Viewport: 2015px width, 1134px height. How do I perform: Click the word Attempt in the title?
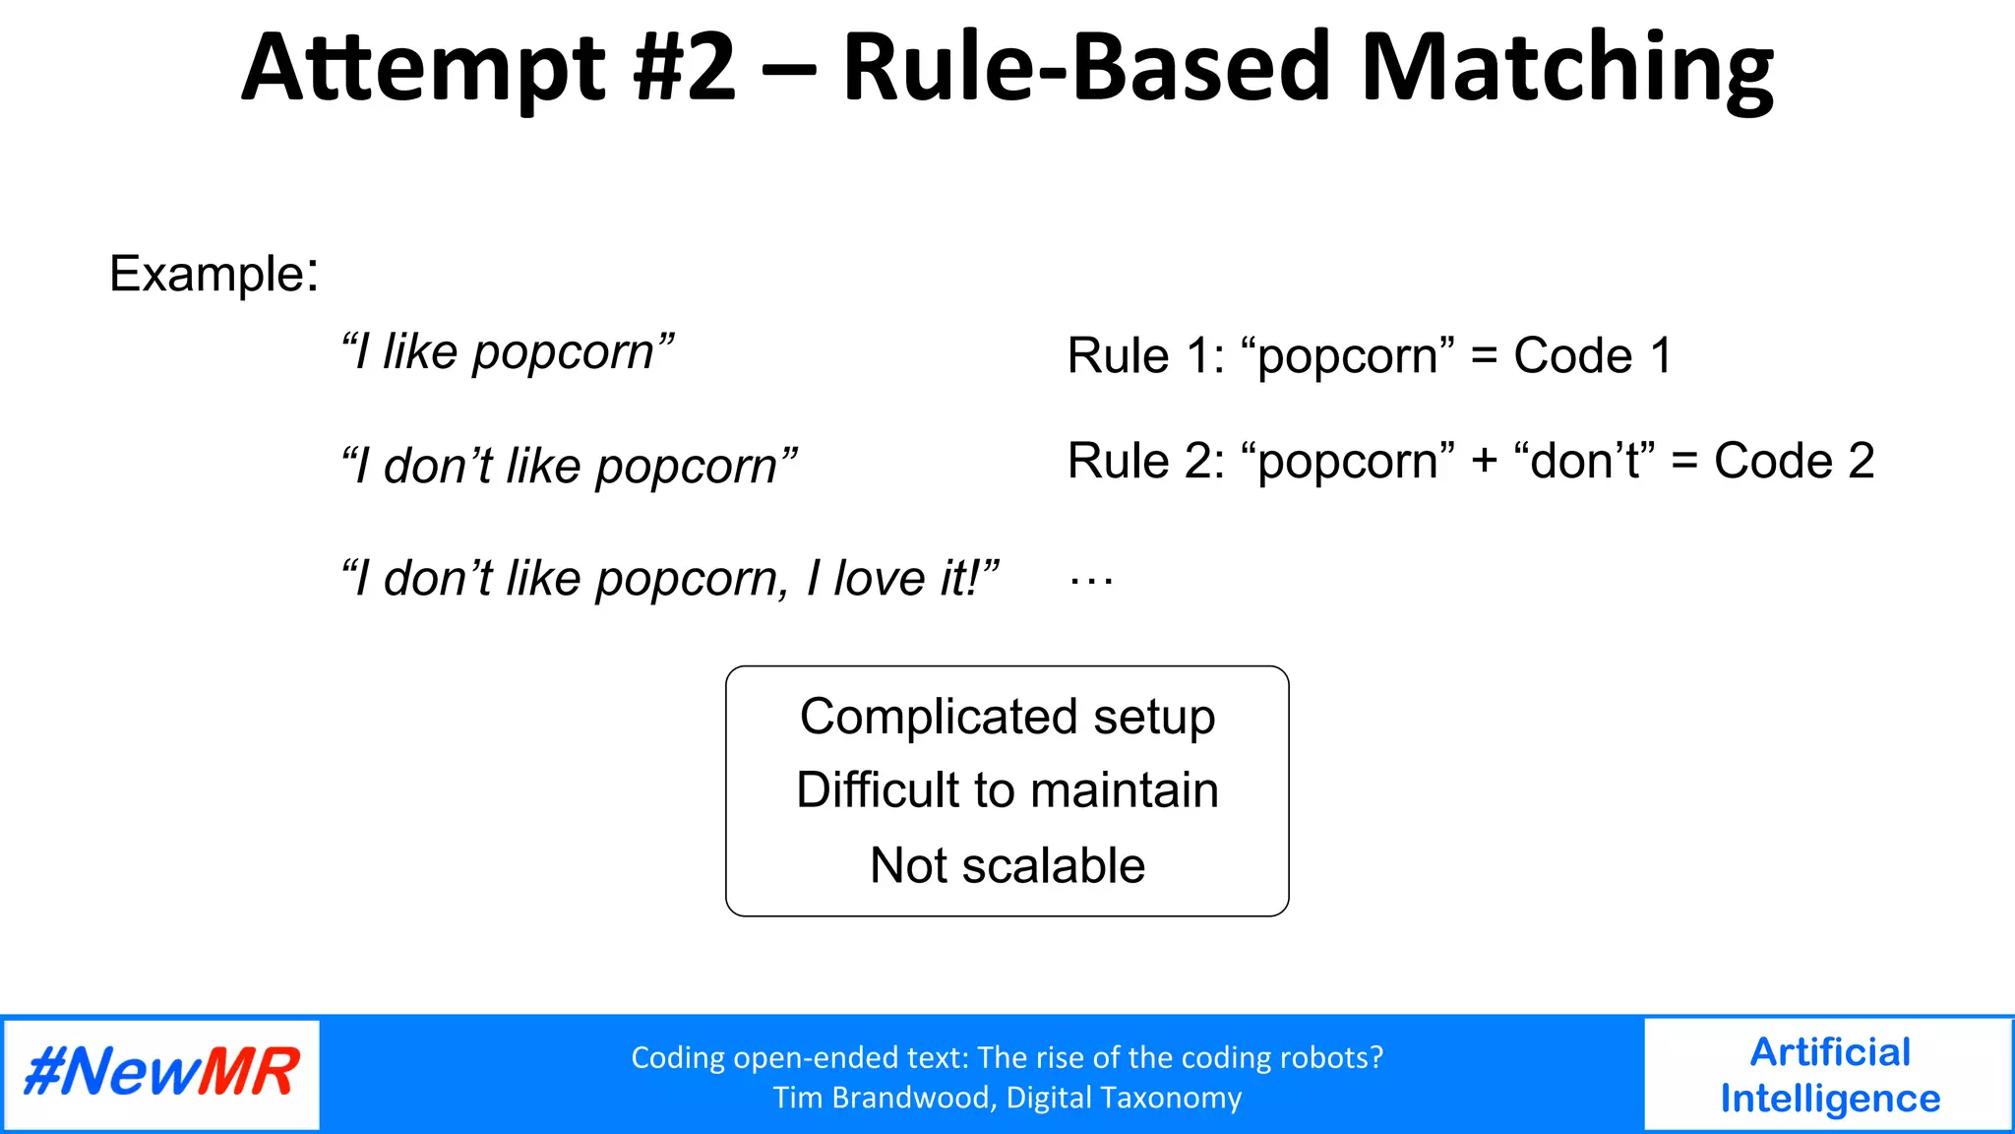(x=423, y=69)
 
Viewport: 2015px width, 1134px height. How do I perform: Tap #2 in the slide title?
(x=686, y=69)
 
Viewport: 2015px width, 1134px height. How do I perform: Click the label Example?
(x=214, y=274)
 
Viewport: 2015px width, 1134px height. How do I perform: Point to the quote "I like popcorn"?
(x=508, y=352)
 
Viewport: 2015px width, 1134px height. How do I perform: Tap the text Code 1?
(x=1592, y=355)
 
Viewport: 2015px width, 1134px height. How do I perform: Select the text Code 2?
(x=1794, y=461)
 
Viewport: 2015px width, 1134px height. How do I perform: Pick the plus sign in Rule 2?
(x=1484, y=462)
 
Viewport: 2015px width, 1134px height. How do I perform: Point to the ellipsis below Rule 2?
(x=1091, y=582)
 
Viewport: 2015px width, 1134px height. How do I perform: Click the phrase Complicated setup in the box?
(x=1007, y=717)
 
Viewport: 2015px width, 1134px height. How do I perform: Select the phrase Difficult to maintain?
(x=1007, y=790)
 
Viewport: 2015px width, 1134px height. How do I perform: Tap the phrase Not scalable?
(x=1007, y=865)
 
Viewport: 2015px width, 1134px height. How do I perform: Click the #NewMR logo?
(x=161, y=1073)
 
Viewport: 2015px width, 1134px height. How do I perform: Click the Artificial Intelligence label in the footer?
(x=1829, y=1075)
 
